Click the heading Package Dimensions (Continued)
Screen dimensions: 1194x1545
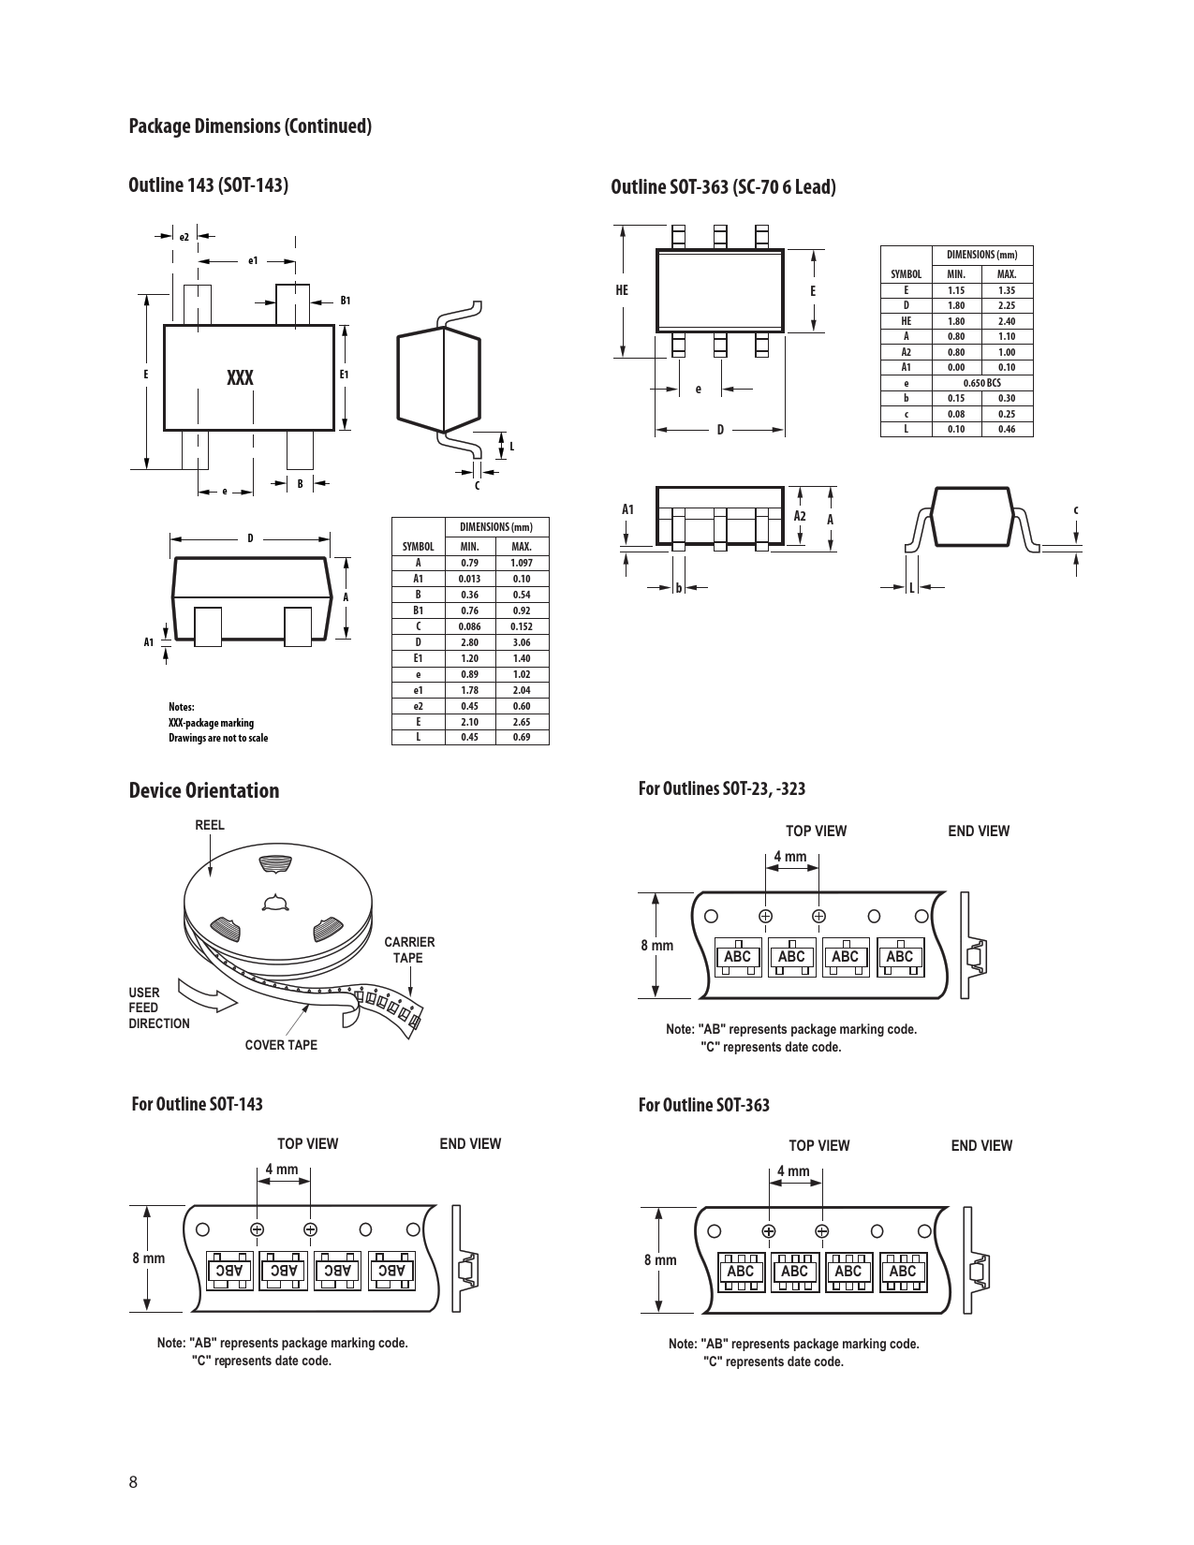[250, 125]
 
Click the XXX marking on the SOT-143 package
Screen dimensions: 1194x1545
[241, 377]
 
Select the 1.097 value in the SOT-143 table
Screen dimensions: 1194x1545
[522, 563]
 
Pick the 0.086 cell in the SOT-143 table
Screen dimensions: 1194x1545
[469, 626]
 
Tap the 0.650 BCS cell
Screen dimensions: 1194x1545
[982, 383]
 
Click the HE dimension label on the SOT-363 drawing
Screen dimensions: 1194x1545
[622, 290]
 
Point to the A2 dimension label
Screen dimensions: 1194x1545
[800, 516]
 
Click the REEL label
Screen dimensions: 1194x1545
[210, 825]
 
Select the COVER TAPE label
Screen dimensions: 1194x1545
[281, 1044]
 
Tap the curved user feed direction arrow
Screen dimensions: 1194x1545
[206, 995]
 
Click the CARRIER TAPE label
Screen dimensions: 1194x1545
[409, 949]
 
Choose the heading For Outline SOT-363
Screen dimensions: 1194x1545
[704, 1104]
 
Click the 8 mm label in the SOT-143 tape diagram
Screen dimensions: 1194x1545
[149, 1258]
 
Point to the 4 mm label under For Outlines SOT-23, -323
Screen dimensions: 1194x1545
[790, 856]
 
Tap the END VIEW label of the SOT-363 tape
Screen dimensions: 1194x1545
[981, 1145]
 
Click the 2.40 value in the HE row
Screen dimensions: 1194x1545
[1007, 320]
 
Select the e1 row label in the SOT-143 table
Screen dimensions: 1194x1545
[419, 690]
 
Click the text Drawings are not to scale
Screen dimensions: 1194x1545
[218, 738]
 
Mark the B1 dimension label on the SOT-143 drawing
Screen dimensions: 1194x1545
[345, 301]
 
